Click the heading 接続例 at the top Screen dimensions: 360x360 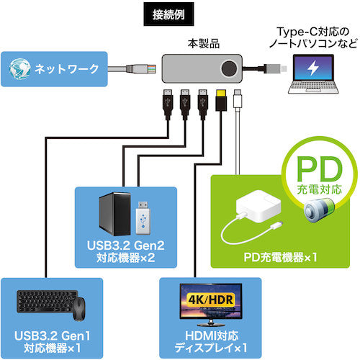[181, 12]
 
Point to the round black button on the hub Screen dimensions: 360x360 [231, 70]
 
